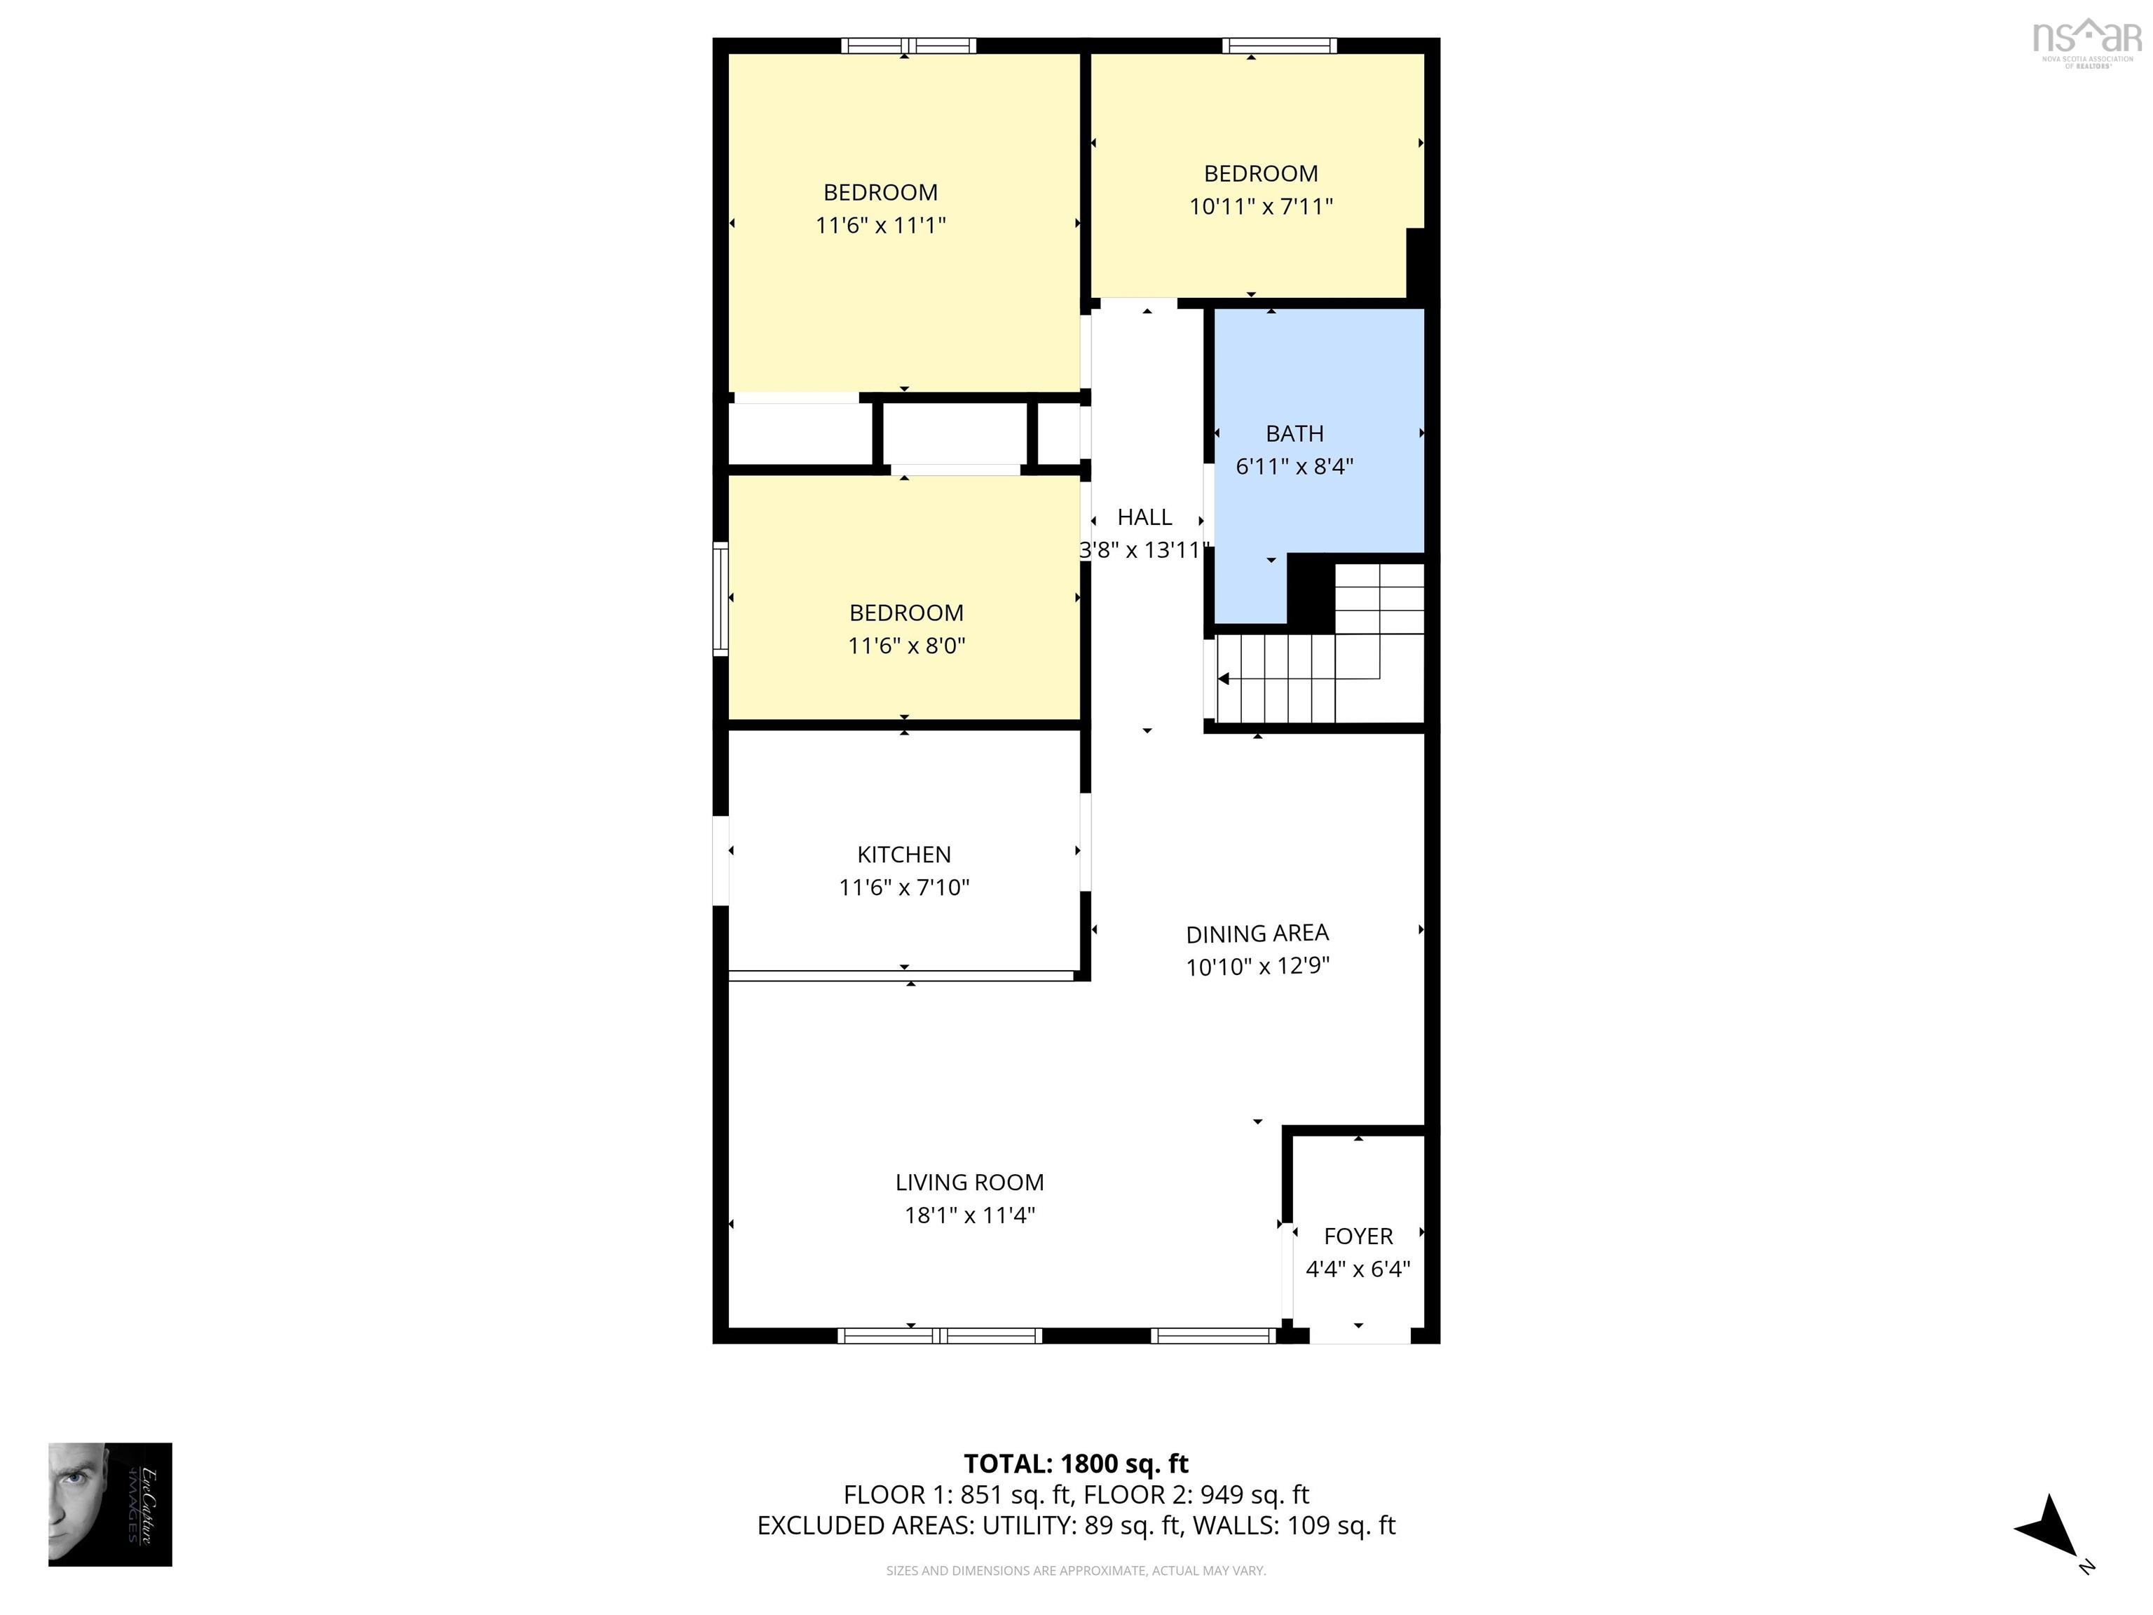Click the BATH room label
(1294, 433)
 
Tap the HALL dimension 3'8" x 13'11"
(1144, 550)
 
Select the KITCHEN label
(903, 854)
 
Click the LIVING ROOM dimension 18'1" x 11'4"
(969, 1215)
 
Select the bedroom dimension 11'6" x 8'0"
(906, 646)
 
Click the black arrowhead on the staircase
(1224, 679)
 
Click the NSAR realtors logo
(2087, 41)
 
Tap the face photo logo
(110, 1504)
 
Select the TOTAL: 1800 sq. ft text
(1076, 1463)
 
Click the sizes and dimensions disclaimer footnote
(1076, 1570)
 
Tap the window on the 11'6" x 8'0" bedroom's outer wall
(720, 598)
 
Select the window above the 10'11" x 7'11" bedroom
(1279, 45)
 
